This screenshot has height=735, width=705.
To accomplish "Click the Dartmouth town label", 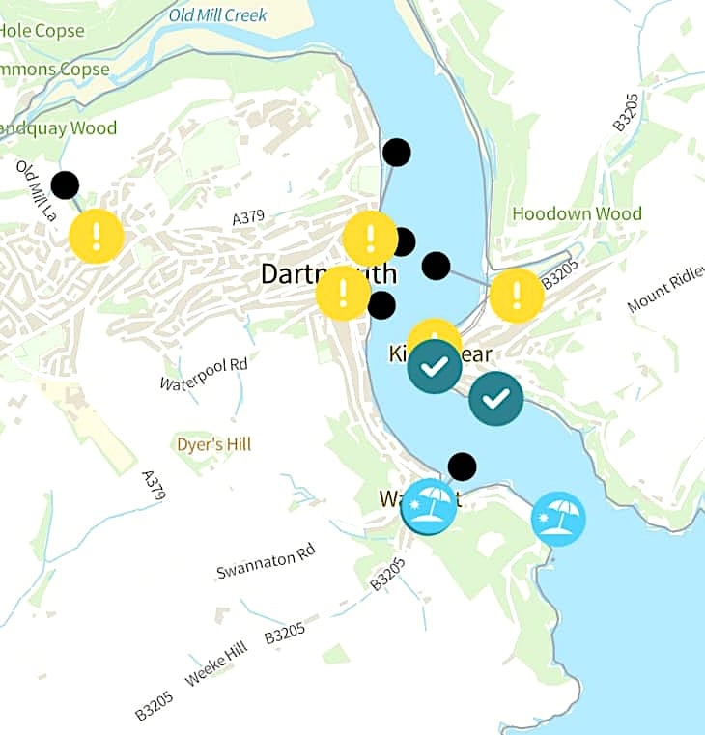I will click(x=290, y=274).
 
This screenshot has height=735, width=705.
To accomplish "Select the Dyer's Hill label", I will click(x=213, y=445).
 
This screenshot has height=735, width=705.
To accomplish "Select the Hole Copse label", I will click(x=42, y=31).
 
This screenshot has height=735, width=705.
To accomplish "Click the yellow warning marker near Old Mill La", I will click(x=97, y=236).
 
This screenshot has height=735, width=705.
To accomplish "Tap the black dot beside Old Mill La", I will click(x=65, y=184).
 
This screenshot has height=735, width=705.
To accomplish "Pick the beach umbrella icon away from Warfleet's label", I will click(x=558, y=519).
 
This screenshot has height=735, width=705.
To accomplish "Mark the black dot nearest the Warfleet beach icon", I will click(x=463, y=466).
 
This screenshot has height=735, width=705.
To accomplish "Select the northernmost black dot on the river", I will click(x=396, y=153).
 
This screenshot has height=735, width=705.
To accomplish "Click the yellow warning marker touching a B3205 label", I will click(x=517, y=295).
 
